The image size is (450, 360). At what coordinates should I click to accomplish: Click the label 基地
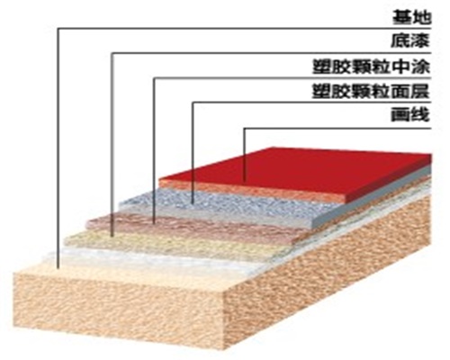tap(411, 17)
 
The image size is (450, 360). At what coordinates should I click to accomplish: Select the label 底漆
tap(410, 40)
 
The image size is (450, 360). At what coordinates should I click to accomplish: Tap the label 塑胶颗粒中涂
tap(372, 67)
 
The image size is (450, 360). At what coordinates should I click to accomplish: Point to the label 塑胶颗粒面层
tap(372, 91)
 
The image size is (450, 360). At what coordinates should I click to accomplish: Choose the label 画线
tap(410, 114)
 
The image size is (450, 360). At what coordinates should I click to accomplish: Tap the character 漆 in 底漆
tap(420, 40)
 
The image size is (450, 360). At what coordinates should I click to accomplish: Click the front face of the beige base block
tap(120, 309)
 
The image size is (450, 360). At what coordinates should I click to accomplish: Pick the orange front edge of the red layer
tap(252, 191)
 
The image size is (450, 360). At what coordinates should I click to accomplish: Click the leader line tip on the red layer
tap(245, 181)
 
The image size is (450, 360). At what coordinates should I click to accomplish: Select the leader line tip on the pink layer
tap(154, 223)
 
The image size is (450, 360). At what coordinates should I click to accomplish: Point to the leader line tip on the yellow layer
tap(112, 236)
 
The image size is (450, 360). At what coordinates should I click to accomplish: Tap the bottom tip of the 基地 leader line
tap(58, 267)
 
